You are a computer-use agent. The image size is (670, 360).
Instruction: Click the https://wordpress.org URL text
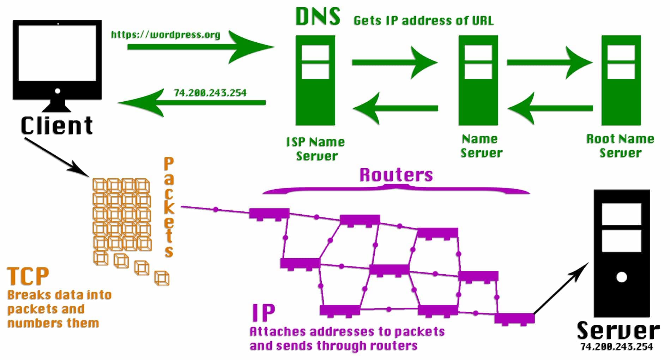coord(165,35)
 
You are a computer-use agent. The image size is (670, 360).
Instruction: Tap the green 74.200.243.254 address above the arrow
coord(210,93)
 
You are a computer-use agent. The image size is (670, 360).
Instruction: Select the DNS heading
coord(318,17)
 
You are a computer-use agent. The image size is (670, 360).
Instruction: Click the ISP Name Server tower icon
coord(315,80)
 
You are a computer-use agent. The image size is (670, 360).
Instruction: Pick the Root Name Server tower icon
coord(621,80)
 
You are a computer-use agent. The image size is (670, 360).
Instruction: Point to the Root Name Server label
coord(620,146)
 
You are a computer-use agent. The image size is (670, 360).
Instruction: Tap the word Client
coord(56,126)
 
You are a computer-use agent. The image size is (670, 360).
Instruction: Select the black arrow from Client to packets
coord(56,157)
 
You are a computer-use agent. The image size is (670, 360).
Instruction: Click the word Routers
coord(396,175)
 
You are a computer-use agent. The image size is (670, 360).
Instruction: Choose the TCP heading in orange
coord(28,276)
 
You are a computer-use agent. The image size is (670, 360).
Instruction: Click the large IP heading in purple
coord(263,312)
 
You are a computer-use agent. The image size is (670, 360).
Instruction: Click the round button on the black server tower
coord(621,277)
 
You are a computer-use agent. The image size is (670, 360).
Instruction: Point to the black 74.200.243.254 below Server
coord(617,347)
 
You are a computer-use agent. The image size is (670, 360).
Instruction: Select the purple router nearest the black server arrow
coord(514,318)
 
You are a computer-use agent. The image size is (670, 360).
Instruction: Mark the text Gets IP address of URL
coord(423,20)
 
